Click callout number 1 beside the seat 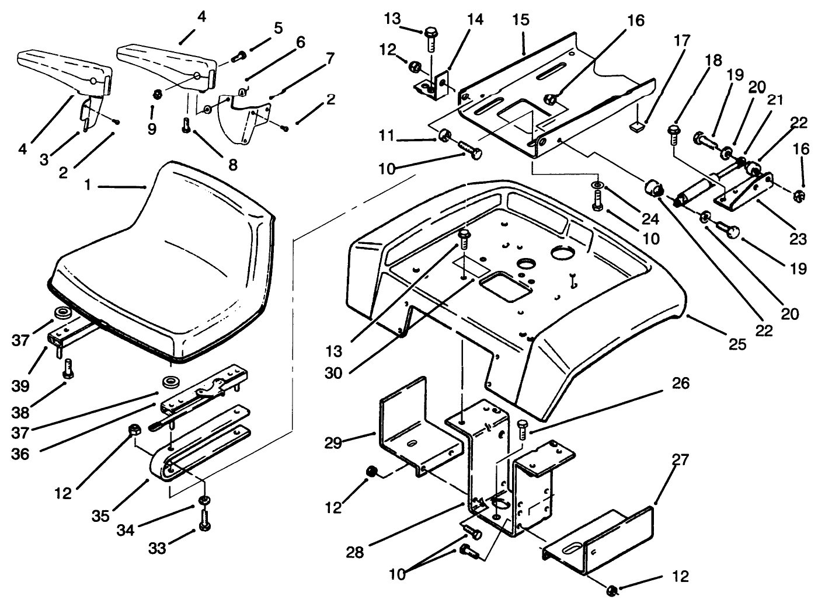(x=88, y=186)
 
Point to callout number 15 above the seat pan (x=521, y=20)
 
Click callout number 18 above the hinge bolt (x=713, y=61)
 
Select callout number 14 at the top (x=475, y=20)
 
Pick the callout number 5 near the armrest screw (x=278, y=27)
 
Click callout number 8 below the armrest (x=233, y=165)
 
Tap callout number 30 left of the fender (x=333, y=372)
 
